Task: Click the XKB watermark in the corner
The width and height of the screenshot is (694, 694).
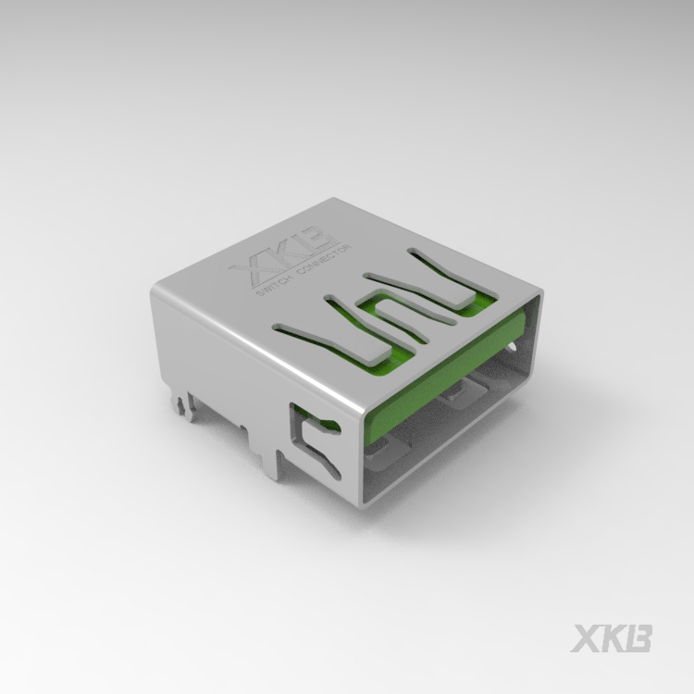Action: click(611, 638)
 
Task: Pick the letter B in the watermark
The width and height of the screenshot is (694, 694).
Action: click(638, 638)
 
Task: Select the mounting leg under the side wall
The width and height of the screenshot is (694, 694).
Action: click(271, 463)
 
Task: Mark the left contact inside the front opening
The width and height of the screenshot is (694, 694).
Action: click(384, 451)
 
